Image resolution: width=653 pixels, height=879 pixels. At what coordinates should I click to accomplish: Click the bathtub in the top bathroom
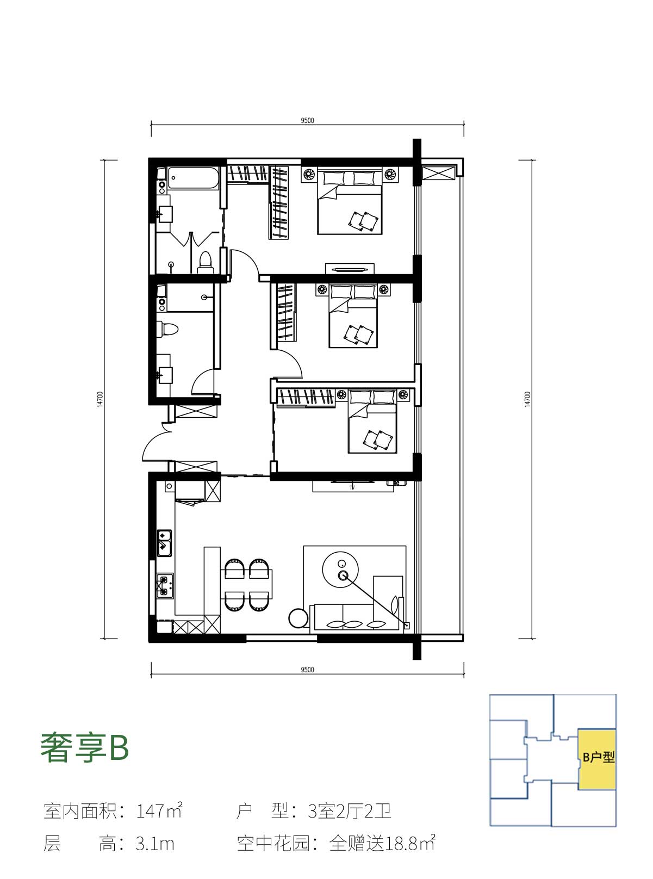pyautogui.click(x=194, y=178)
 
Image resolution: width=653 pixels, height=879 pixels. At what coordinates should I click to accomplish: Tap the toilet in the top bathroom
pyautogui.click(x=205, y=262)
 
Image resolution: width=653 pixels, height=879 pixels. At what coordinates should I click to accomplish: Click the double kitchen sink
pyautogui.click(x=164, y=543)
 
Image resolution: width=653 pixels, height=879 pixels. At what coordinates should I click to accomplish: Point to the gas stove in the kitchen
pyautogui.click(x=165, y=586)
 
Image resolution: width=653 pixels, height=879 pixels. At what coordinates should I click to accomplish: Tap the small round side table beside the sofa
pyautogui.click(x=298, y=618)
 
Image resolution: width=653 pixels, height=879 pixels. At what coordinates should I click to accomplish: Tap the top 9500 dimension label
pyautogui.click(x=307, y=120)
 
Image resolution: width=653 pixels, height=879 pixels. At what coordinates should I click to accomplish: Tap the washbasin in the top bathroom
pyautogui.click(x=164, y=214)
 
